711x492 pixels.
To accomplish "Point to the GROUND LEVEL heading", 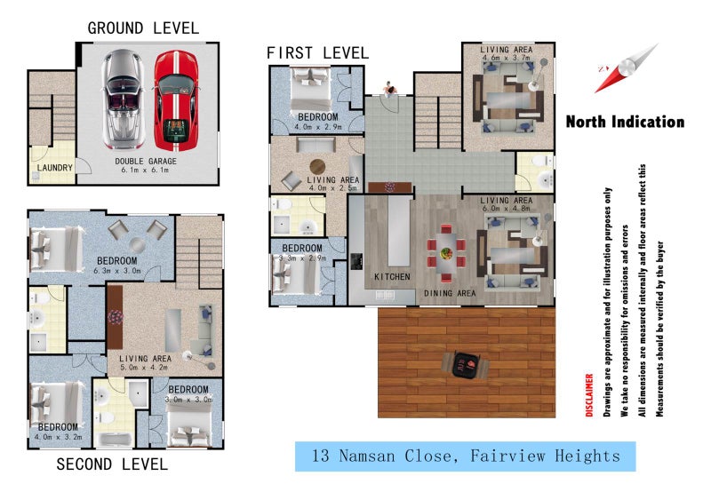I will [143, 29].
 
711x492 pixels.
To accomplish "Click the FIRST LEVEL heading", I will [316, 54].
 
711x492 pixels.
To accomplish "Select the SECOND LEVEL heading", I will [112, 464].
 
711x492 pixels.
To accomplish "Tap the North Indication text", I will [625, 123].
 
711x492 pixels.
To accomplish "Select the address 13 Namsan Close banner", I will [466, 456].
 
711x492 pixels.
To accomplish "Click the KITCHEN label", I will [392, 277].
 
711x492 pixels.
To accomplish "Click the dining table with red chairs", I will [445, 250].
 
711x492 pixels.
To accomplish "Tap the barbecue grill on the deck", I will [465, 362].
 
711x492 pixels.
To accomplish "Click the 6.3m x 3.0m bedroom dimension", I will [130, 272].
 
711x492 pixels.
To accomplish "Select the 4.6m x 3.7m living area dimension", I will [507, 58].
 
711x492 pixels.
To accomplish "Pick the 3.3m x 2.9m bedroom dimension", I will [302, 258].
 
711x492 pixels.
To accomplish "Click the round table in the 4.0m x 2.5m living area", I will [317, 165].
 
